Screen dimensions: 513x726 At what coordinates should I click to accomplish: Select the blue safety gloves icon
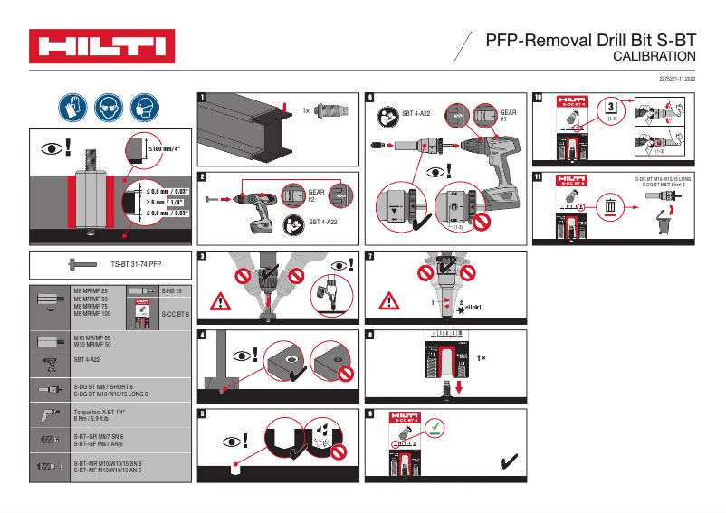tap(72, 108)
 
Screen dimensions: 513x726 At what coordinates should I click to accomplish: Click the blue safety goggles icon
tap(108, 108)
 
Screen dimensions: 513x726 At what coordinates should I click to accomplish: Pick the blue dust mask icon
tap(144, 108)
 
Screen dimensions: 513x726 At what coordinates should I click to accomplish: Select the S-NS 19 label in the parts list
tap(172, 291)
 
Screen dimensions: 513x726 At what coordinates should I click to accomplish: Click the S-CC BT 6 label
tap(174, 314)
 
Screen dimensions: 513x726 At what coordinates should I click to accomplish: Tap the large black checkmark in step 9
tap(510, 463)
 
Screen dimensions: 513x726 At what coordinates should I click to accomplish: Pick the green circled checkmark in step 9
tap(435, 426)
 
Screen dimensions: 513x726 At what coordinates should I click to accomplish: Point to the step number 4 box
tap(202, 334)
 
